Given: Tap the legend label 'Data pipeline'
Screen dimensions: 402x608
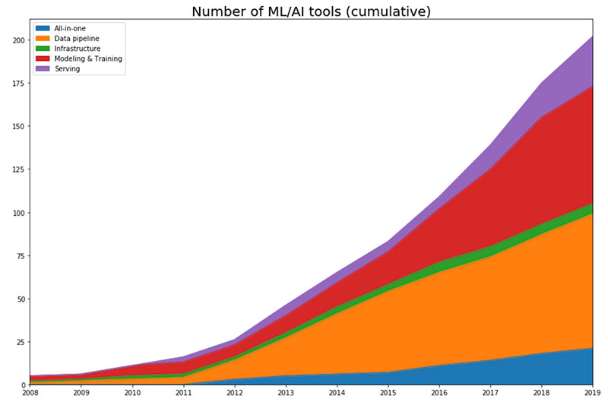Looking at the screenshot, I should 75,39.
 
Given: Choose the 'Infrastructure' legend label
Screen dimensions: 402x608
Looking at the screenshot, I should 77,49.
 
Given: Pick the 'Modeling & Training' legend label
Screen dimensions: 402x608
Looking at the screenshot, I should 88,59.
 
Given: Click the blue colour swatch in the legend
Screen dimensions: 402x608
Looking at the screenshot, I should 43,29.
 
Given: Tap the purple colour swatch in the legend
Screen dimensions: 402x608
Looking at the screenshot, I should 43,68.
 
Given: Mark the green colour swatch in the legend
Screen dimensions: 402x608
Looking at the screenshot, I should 43,49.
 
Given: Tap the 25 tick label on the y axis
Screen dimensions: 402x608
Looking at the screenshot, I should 19,342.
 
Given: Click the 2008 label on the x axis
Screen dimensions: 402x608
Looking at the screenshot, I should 30,394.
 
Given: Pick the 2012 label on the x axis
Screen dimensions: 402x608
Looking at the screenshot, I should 235,394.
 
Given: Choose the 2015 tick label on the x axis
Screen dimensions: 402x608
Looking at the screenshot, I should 388,394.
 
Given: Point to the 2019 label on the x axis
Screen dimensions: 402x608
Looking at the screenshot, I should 591,394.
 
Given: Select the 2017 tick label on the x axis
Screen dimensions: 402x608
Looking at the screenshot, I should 490,394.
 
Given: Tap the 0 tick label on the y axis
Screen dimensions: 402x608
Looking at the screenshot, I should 23,385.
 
